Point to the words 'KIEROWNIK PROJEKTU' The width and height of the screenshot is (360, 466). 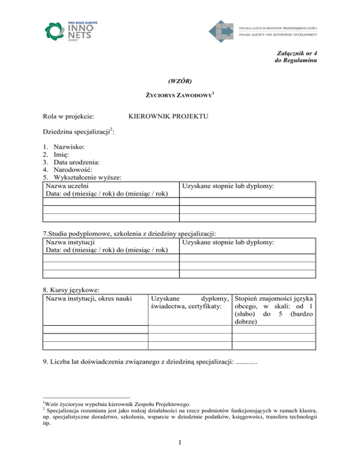tap(168, 115)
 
